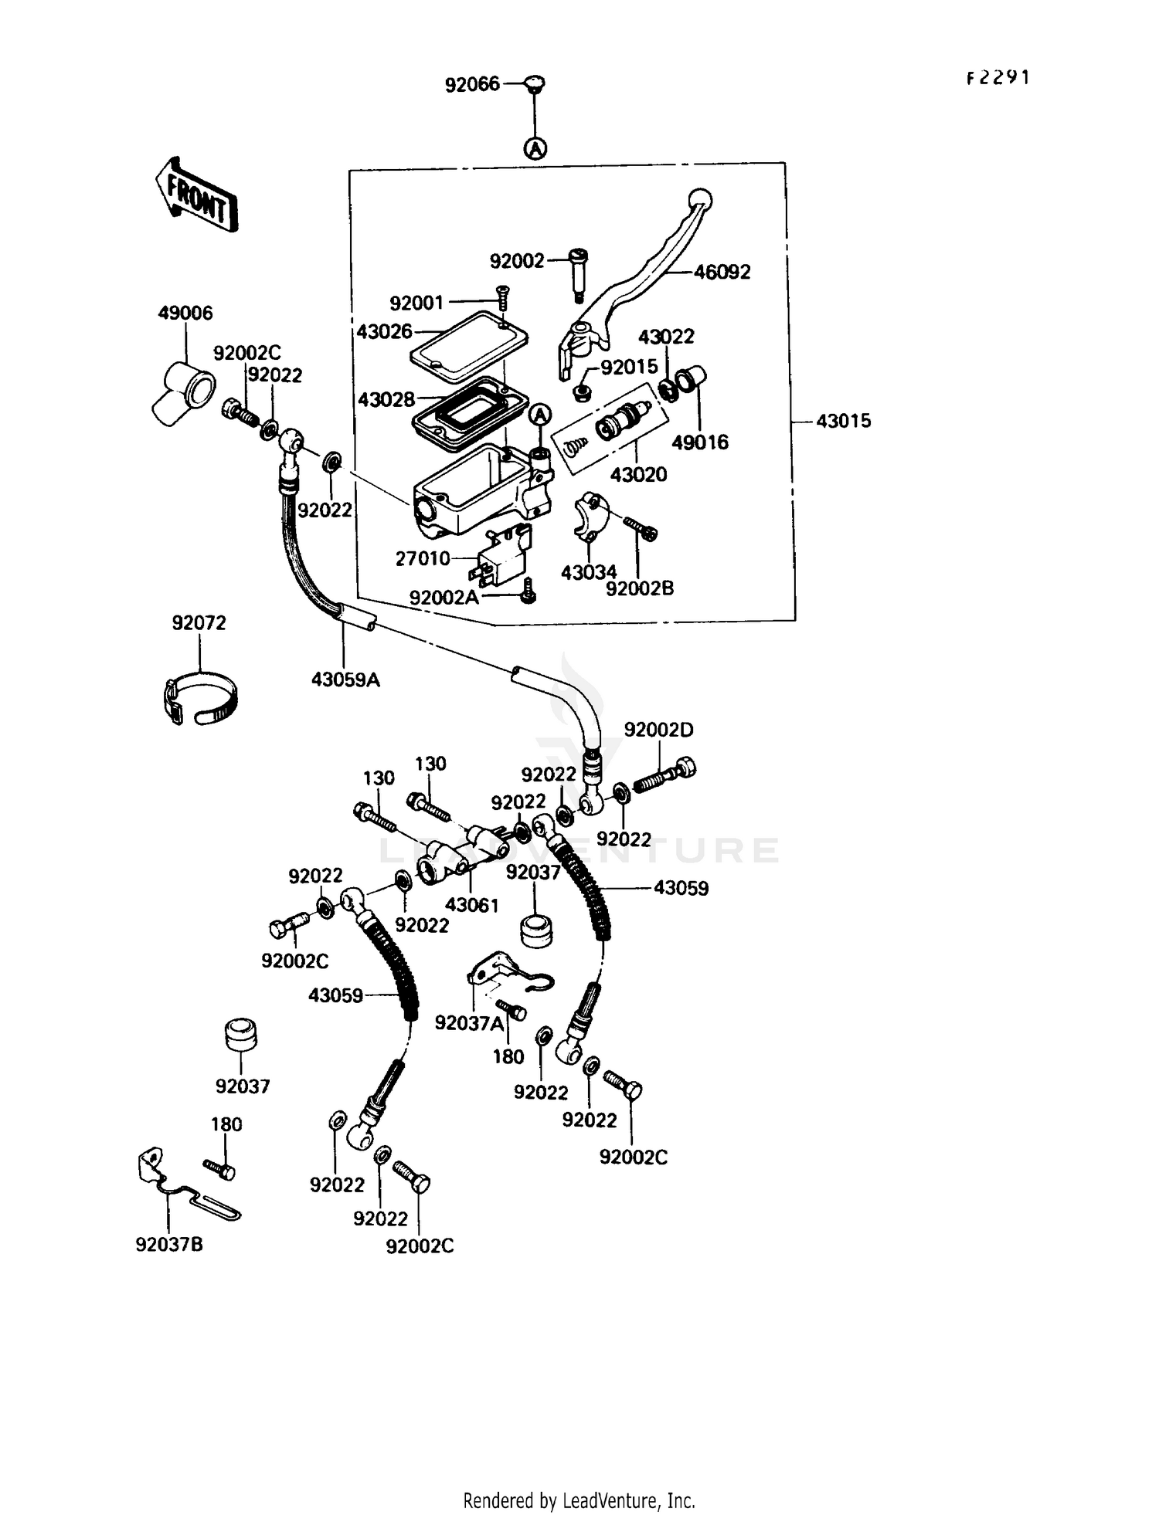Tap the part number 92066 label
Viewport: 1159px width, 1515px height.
472,84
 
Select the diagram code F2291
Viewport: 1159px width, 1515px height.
998,78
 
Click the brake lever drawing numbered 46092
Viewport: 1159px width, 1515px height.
649,270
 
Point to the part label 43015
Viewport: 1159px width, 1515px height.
843,421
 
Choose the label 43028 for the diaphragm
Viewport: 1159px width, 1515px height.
386,399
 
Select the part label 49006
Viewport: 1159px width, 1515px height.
185,313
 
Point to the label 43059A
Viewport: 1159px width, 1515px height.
345,680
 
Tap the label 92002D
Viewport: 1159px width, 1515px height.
658,730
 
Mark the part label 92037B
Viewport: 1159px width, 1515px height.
169,1245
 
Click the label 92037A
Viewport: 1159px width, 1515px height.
469,1023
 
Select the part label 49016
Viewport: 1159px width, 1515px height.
699,442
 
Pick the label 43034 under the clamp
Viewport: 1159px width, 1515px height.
589,572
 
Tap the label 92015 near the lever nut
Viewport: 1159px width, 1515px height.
629,367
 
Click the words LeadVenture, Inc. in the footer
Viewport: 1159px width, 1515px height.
628,1501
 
